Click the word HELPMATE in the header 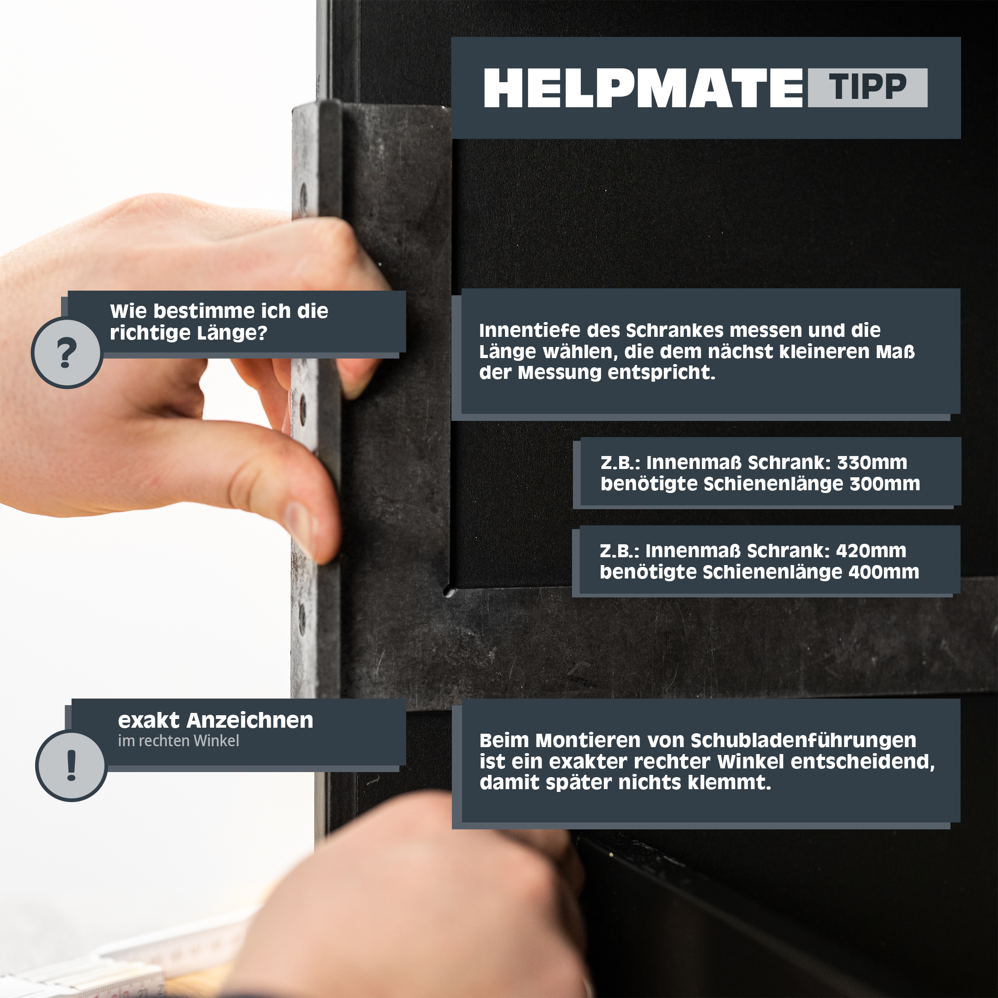pos(643,88)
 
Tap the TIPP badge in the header pos(868,87)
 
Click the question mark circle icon pos(67,353)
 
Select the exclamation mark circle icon pos(71,766)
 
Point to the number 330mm pos(872,463)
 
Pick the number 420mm pos(871,551)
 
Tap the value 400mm pos(884,572)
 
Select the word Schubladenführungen pos(803,741)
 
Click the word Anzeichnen pos(250,720)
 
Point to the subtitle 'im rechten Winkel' pos(178,741)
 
